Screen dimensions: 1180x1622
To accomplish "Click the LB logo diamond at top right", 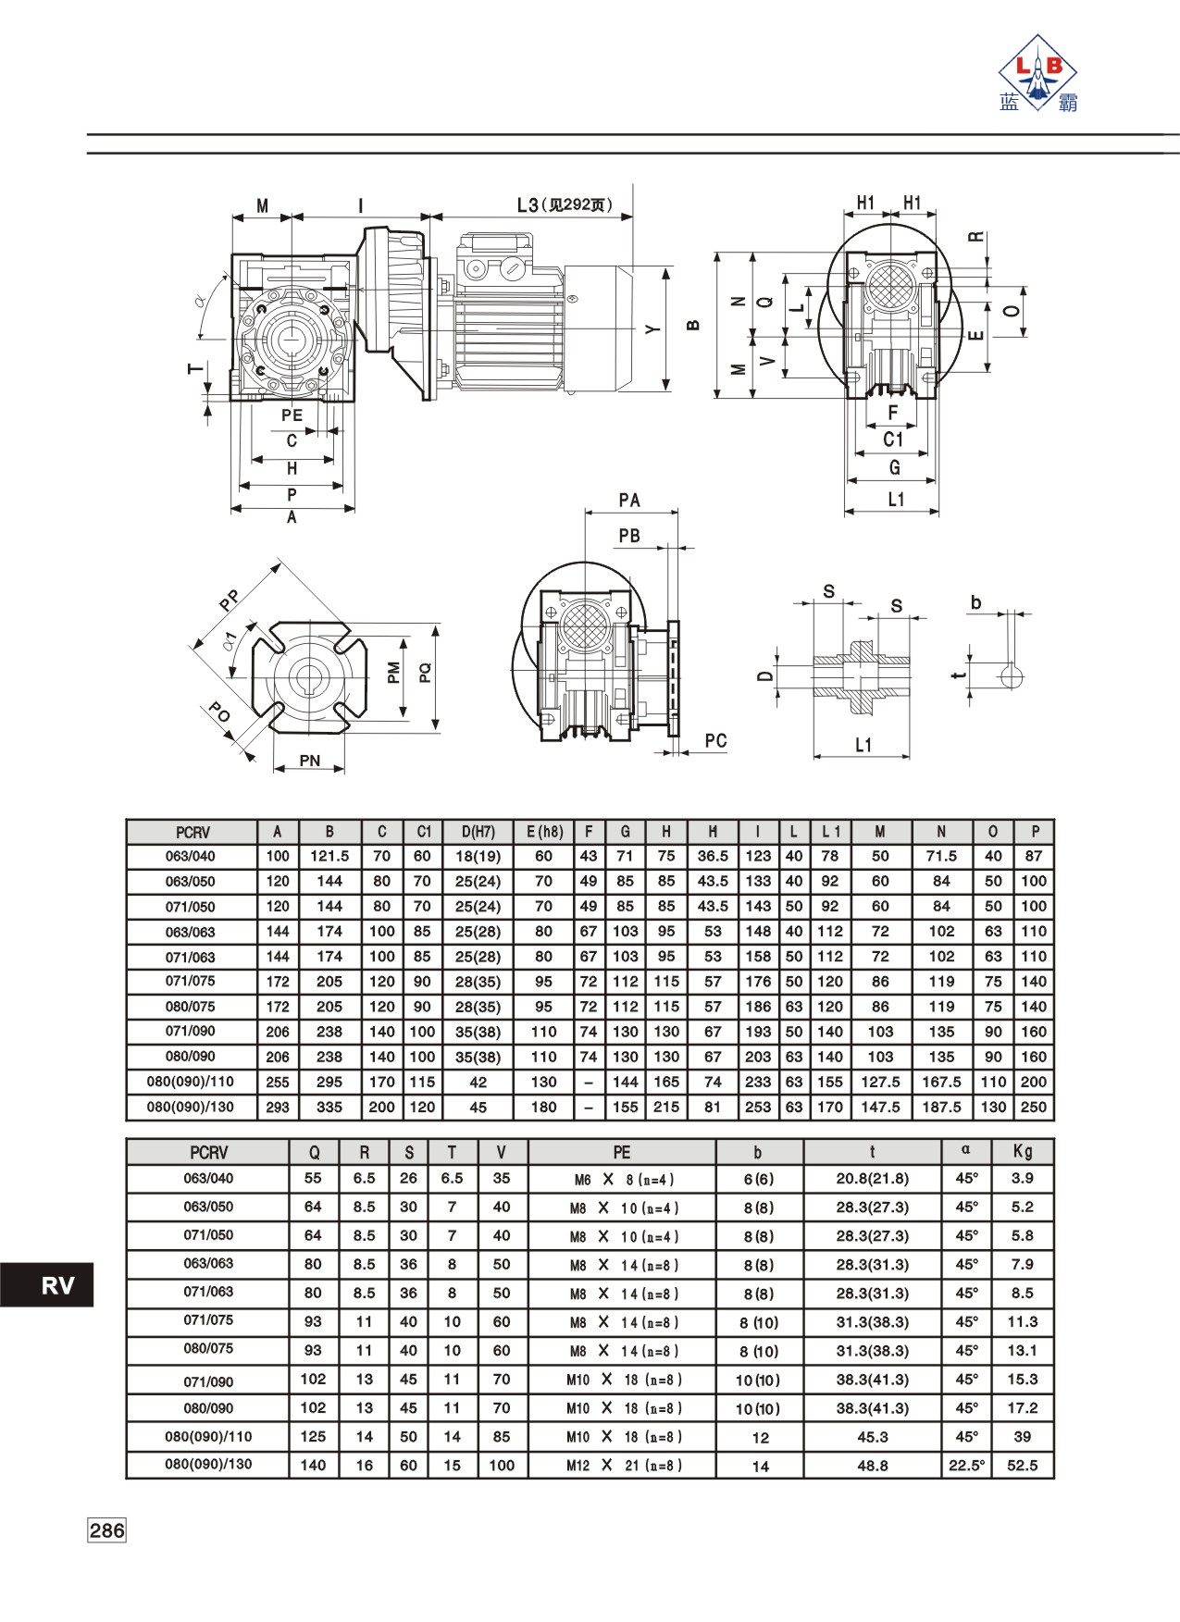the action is tap(1037, 72).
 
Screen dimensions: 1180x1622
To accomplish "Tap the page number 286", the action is tap(106, 1530).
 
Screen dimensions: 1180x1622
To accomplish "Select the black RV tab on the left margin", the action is tap(47, 1284).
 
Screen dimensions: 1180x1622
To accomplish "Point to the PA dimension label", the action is tap(629, 501).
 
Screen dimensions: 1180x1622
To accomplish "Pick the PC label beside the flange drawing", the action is tap(715, 740).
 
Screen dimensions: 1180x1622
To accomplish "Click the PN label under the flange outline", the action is tap(310, 761).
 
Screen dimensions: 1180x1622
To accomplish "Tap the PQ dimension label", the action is tap(426, 673).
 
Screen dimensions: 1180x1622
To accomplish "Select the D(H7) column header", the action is tap(478, 832).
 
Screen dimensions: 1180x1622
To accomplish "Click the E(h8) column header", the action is tap(544, 832).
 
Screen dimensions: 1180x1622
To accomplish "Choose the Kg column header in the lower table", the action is tap(1023, 1151).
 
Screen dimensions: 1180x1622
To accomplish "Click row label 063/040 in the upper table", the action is tap(191, 856).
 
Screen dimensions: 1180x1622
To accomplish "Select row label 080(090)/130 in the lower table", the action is tap(208, 1465).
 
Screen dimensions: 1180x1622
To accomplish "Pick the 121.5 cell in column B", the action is tap(329, 856).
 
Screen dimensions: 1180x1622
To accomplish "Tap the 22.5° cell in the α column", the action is tap(966, 1466).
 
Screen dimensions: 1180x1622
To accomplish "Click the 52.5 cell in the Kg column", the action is tap(1023, 1466).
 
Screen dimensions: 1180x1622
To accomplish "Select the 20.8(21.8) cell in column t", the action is tap(873, 1179).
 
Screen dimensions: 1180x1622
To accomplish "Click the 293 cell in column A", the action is tap(278, 1107).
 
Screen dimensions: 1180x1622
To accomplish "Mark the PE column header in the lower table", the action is tap(622, 1152).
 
